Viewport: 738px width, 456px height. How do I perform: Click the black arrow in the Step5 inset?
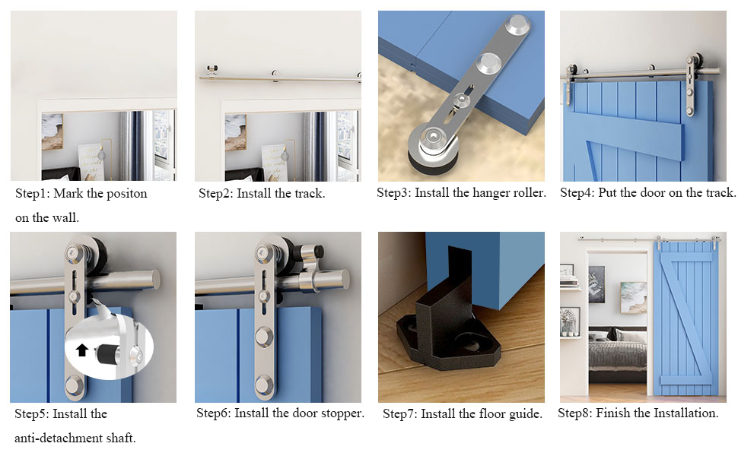(x=83, y=350)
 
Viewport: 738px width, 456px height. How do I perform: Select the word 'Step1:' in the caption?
(x=33, y=194)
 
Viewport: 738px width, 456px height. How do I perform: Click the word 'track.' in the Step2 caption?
(x=308, y=194)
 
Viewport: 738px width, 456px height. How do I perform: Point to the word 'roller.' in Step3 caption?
(x=526, y=193)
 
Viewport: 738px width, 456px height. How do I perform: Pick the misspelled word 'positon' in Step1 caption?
(x=127, y=194)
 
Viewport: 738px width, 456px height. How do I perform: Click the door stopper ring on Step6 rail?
(x=314, y=280)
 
